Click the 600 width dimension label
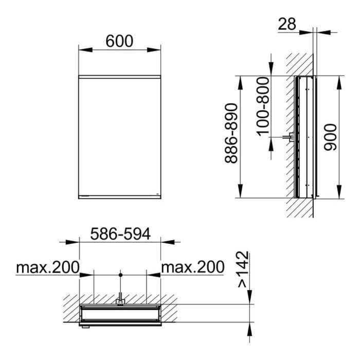[119, 41]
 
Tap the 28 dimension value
[287, 24]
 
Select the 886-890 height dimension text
[231, 133]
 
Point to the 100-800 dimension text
[263, 106]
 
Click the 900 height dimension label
[330, 137]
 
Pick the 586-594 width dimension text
[120, 234]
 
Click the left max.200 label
[48, 267]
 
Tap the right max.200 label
[193, 267]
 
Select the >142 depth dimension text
[243, 269]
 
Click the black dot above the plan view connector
[120, 275]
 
